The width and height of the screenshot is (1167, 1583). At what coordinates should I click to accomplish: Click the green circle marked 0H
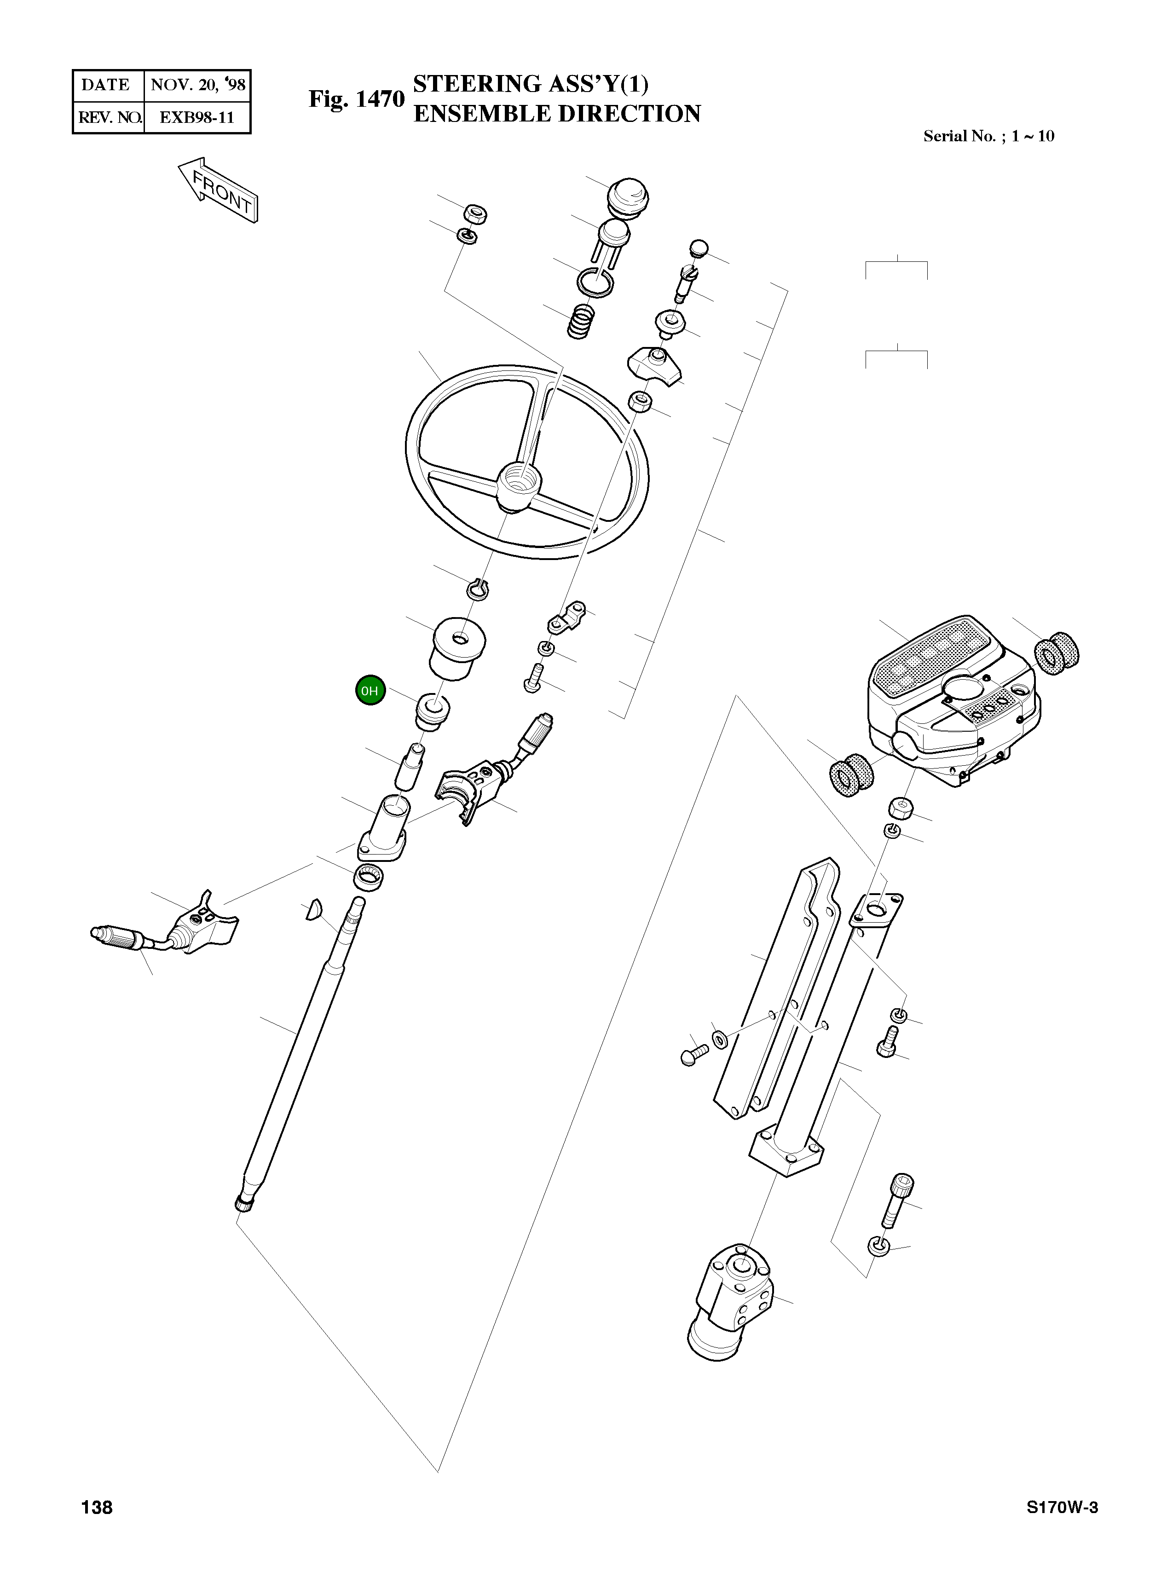(x=370, y=690)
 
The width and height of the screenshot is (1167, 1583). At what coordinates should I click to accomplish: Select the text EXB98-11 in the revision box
(x=196, y=117)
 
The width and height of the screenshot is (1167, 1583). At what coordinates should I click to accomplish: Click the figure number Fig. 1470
(x=356, y=99)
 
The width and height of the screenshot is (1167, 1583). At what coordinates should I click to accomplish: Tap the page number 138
(x=97, y=1508)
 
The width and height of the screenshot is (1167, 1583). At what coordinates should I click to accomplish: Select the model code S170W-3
(x=1062, y=1508)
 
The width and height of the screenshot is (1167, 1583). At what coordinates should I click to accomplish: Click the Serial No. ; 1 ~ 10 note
(x=988, y=136)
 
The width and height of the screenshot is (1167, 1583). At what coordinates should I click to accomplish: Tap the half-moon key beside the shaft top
(x=313, y=911)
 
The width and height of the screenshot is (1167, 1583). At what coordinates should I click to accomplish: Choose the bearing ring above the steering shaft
(x=369, y=877)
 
